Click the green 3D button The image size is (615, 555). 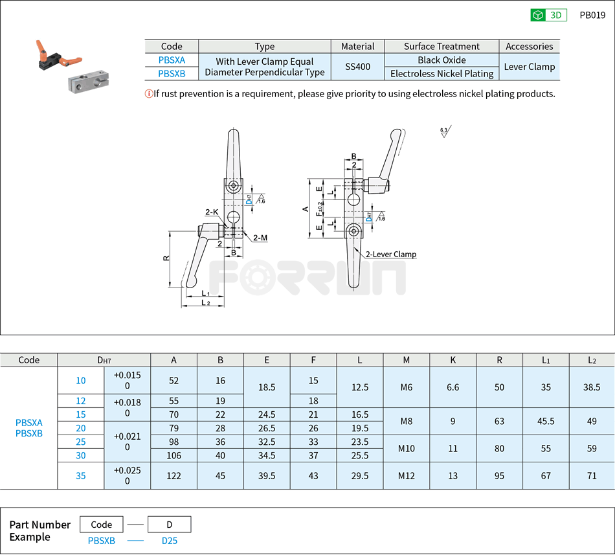click(x=548, y=16)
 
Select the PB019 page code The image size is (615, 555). click(x=592, y=16)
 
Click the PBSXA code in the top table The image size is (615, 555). click(x=172, y=60)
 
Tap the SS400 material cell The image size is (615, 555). click(x=357, y=67)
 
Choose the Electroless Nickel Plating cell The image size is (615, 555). click(x=442, y=74)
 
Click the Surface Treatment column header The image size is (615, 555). click(x=442, y=47)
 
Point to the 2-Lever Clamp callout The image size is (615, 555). click(x=390, y=255)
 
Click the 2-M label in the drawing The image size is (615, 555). click(x=260, y=238)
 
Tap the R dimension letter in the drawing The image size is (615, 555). click(x=166, y=258)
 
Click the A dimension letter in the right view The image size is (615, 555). click(x=305, y=209)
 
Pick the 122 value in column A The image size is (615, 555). click(x=173, y=476)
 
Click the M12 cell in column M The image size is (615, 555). click(x=406, y=476)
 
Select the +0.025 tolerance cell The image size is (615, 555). click(x=127, y=476)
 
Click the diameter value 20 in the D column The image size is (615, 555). click(x=81, y=428)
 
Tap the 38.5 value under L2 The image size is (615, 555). click(x=592, y=387)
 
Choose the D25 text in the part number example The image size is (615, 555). click(x=169, y=541)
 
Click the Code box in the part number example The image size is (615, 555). click(x=102, y=525)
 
